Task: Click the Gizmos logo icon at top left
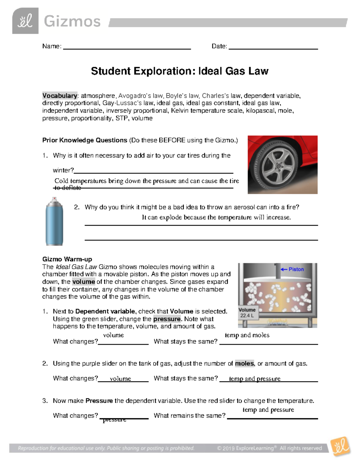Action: (x=25, y=21)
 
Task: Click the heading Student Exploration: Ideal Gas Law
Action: (x=179, y=71)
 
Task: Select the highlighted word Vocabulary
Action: (x=60, y=96)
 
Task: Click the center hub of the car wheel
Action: (x=279, y=166)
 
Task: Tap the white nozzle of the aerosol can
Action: (x=54, y=199)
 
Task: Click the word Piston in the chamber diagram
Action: (x=296, y=269)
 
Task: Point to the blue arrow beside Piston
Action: (x=284, y=269)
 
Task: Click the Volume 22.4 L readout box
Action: (x=247, y=313)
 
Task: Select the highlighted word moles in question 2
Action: (x=244, y=364)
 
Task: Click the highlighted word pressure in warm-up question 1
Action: (x=167, y=319)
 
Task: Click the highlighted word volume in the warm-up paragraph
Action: (x=83, y=282)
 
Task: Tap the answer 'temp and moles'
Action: (x=247, y=335)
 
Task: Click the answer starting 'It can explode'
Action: (x=216, y=217)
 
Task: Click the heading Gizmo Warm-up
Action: (x=67, y=259)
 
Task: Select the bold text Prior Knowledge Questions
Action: (x=85, y=140)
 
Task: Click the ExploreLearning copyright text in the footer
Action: (x=269, y=448)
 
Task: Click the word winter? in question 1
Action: (x=63, y=170)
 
